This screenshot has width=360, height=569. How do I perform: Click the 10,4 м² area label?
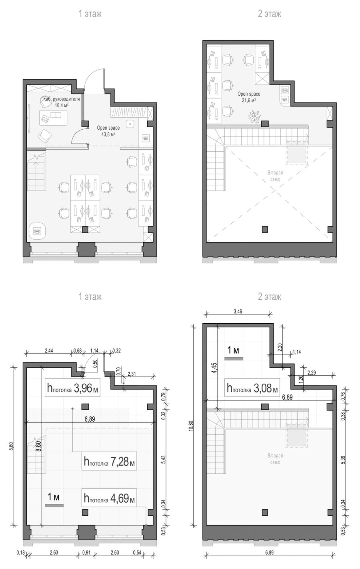[62, 105]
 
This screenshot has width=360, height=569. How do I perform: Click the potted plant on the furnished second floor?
[254, 116]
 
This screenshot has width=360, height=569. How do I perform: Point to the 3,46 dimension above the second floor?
[238, 311]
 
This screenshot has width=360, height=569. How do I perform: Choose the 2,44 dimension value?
[49, 351]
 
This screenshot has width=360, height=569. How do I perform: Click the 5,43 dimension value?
[163, 459]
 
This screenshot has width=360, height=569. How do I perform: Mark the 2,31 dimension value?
[132, 374]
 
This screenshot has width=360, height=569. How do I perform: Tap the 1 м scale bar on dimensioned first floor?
[54, 505]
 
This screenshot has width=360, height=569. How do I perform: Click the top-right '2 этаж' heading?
[269, 14]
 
